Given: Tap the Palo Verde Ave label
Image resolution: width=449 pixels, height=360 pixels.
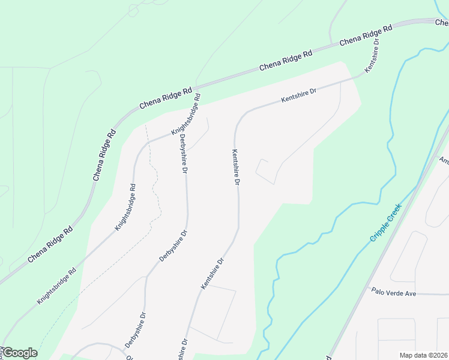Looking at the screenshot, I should click(x=393, y=292).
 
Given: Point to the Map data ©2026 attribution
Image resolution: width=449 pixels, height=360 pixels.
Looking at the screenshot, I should click(x=423, y=355).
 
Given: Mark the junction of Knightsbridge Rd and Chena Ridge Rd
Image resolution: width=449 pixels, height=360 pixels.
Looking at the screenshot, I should click(x=199, y=86).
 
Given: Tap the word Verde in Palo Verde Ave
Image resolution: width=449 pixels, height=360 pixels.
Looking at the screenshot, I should click(x=394, y=292).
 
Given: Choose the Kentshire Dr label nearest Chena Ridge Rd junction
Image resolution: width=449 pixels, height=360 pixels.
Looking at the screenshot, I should click(x=372, y=55).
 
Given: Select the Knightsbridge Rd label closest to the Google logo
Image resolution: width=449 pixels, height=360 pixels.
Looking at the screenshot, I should click(x=56, y=284).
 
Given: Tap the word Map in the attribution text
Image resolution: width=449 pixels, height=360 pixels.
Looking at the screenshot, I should click(x=406, y=355).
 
